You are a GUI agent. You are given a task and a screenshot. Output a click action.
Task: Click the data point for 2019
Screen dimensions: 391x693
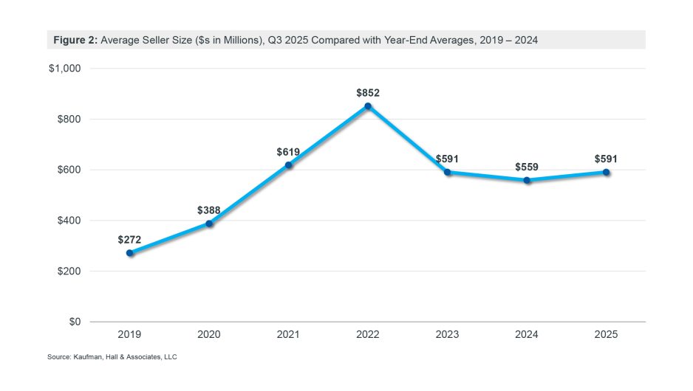[x=130, y=253]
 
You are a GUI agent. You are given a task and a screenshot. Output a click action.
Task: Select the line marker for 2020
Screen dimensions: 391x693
[x=209, y=224]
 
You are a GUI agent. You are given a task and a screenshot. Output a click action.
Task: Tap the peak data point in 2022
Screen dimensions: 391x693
[x=368, y=106]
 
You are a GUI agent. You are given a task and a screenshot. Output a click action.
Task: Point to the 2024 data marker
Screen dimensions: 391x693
[x=527, y=180]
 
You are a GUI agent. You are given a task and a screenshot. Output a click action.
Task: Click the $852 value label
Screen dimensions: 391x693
[x=368, y=93]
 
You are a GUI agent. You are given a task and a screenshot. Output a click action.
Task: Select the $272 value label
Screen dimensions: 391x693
[x=129, y=240]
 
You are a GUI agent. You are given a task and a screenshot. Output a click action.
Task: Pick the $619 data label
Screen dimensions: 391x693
[x=288, y=152]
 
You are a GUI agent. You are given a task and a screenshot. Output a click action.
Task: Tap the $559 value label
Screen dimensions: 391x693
[x=527, y=167]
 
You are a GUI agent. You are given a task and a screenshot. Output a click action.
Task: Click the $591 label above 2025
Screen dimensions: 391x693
[x=606, y=159]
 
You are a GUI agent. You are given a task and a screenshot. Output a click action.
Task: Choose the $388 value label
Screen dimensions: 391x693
[x=209, y=210]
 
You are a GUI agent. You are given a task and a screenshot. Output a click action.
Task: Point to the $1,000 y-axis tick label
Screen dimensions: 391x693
[x=64, y=69]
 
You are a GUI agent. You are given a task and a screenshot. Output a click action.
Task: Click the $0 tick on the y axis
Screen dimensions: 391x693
[x=74, y=322]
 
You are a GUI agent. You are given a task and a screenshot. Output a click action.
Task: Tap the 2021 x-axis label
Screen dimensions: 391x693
[x=288, y=334]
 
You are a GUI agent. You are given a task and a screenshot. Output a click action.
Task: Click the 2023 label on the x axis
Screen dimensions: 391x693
[x=447, y=334]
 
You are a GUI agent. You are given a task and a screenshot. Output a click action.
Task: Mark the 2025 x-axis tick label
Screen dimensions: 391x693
[x=606, y=334]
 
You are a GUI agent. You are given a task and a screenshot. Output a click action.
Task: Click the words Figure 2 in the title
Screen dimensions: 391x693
[x=75, y=40]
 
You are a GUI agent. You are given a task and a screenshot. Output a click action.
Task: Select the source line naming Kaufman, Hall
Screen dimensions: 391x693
[x=113, y=357]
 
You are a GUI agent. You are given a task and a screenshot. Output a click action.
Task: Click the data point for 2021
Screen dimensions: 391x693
[x=289, y=165]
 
